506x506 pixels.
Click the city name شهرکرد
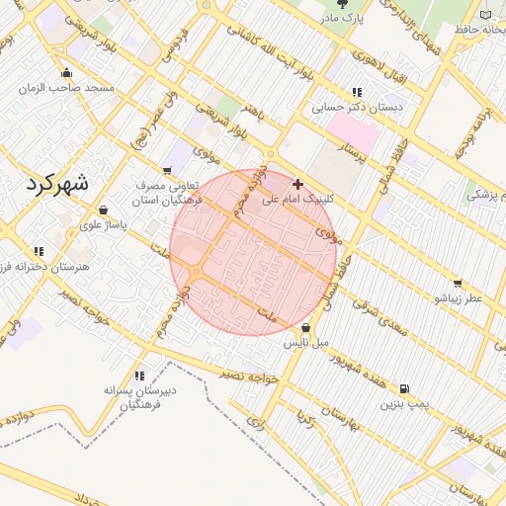[x=54, y=184]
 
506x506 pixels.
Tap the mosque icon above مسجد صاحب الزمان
[x=67, y=72]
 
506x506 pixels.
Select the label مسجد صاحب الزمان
[x=66, y=89]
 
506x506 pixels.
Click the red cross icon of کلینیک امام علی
[x=298, y=183]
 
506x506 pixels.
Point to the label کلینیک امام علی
[x=298, y=200]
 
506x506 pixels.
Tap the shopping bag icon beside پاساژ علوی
[x=104, y=210]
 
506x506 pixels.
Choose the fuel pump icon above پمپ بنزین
[x=403, y=388]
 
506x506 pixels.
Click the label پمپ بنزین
[x=403, y=404]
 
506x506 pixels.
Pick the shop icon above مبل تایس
[x=305, y=327]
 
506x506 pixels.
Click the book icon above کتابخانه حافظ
[x=486, y=14]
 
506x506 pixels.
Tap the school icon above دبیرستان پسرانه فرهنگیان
[x=139, y=376]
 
